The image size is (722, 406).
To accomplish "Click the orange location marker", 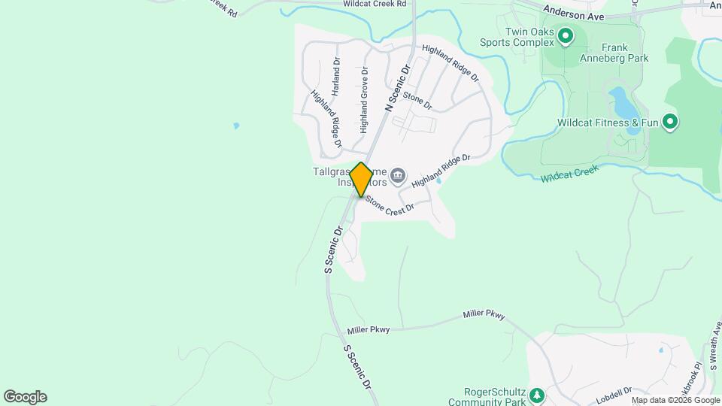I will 361,180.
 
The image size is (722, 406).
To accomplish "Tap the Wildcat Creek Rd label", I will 375,4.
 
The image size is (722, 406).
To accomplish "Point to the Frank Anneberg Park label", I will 614,52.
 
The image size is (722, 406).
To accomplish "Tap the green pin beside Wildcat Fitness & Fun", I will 669,121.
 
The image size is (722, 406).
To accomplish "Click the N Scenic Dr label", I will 399,88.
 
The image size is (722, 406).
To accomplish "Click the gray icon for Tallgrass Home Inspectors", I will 398,177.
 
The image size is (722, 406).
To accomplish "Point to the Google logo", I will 25,397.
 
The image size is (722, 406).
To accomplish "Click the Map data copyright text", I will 675,400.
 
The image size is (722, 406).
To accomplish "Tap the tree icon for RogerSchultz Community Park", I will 535,395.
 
